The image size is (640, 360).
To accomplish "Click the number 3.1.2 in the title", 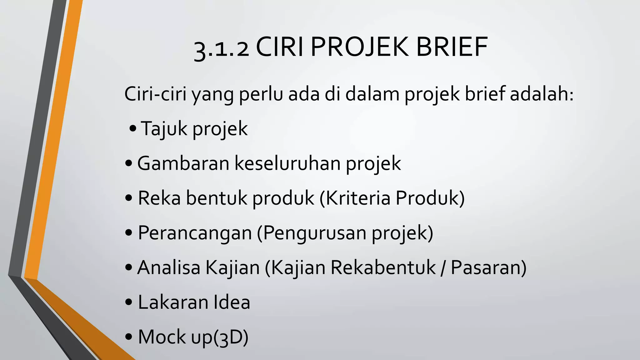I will [x=221, y=48].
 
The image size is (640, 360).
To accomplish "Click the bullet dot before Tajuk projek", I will [x=133, y=128].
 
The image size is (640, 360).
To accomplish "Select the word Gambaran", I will [x=183, y=163].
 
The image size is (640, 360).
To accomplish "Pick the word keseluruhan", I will [x=287, y=163].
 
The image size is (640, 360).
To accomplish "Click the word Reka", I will [x=159, y=198].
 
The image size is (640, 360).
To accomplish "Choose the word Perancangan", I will [x=195, y=233].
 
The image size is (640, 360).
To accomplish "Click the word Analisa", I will [x=168, y=267].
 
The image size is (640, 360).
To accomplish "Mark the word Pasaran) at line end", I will [x=488, y=267].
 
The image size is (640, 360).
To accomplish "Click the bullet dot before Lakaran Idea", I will [x=128, y=302].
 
